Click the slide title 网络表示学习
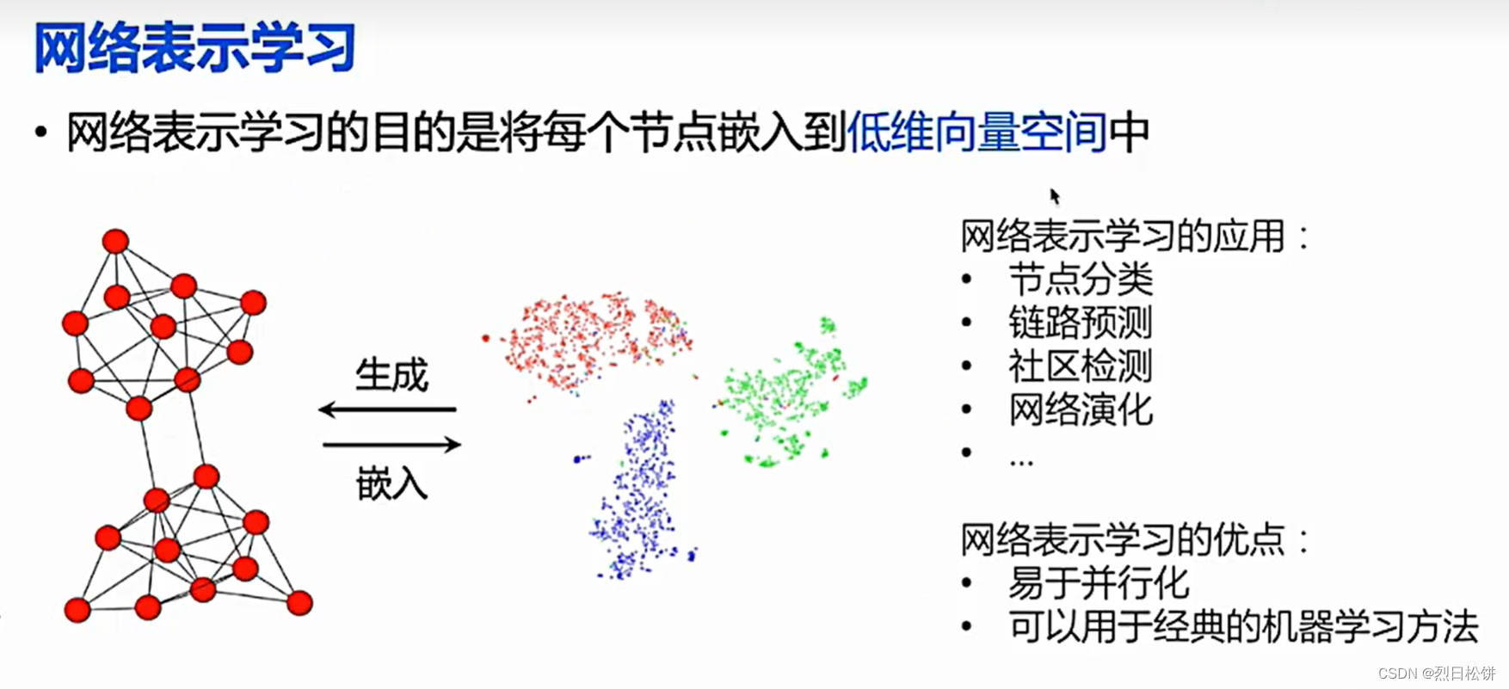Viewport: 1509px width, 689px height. point(194,48)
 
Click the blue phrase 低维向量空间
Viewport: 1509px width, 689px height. point(976,133)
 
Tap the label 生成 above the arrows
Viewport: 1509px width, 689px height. point(391,376)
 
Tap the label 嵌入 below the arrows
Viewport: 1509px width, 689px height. point(391,483)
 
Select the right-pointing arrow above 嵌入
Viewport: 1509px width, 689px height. point(392,445)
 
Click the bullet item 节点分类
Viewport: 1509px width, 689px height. point(1080,280)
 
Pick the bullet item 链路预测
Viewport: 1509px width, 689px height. point(1080,323)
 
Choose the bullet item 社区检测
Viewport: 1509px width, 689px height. point(1080,366)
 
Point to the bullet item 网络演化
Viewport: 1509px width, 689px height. point(1080,410)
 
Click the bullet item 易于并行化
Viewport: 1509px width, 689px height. point(1099,583)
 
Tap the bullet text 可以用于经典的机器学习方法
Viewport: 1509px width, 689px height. point(1242,627)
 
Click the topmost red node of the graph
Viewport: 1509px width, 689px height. point(115,242)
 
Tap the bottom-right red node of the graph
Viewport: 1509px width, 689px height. point(299,603)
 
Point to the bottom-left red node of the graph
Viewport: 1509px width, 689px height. point(77,610)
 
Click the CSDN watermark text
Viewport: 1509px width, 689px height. point(1436,674)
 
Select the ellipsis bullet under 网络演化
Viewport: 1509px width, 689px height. point(1021,462)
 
